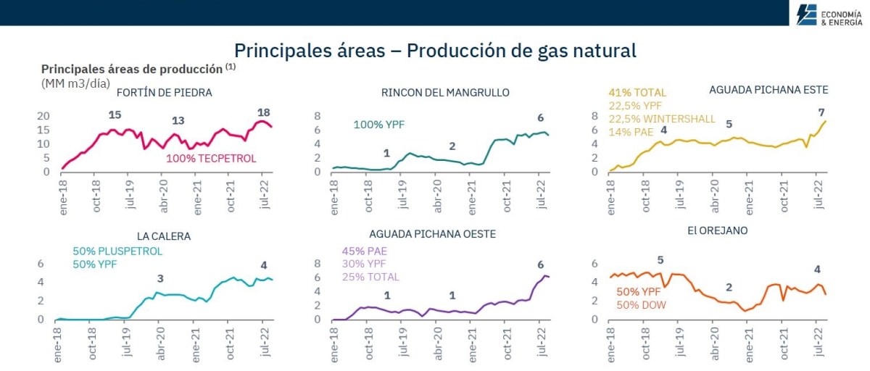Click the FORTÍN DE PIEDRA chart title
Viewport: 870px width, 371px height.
[x=164, y=93]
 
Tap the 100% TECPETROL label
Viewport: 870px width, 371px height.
[x=211, y=158]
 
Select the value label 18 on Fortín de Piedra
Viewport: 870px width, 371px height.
[x=264, y=112]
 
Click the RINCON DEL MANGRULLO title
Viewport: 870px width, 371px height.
[x=445, y=93]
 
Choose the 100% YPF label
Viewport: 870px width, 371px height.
[x=378, y=125]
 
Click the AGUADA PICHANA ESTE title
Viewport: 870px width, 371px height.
[x=768, y=90]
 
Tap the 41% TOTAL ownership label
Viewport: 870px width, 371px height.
[x=637, y=93]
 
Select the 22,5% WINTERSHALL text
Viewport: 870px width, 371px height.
[x=662, y=119]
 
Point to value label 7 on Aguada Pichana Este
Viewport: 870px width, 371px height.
[x=821, y=112]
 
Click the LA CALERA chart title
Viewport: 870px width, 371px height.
[x=164, y=236]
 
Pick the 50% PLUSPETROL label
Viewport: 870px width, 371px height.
[x=117, y=251]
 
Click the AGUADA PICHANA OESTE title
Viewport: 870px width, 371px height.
[x=433, y=235]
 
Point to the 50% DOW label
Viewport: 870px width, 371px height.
[x=641, y=305]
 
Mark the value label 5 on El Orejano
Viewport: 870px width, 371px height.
[x=660, y=260]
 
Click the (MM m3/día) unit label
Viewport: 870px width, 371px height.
[x=76, y=83]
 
